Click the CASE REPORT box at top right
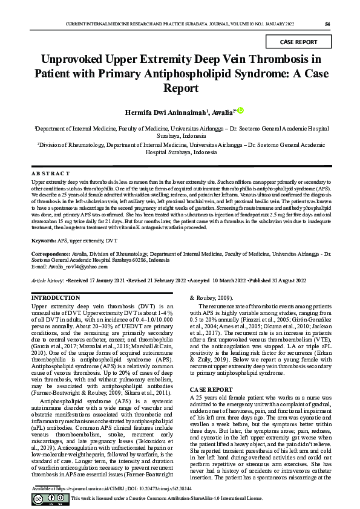299,42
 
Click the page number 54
327,24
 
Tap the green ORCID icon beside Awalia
240,111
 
